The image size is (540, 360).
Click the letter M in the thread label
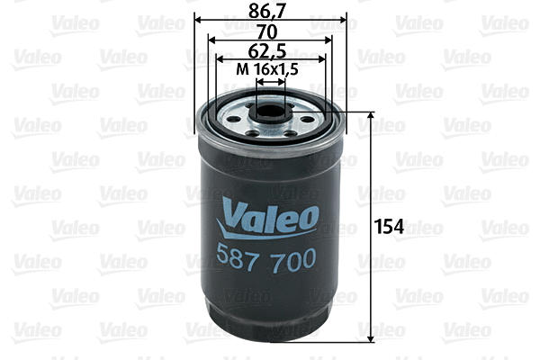pyautogui.click(x=240, y=69)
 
